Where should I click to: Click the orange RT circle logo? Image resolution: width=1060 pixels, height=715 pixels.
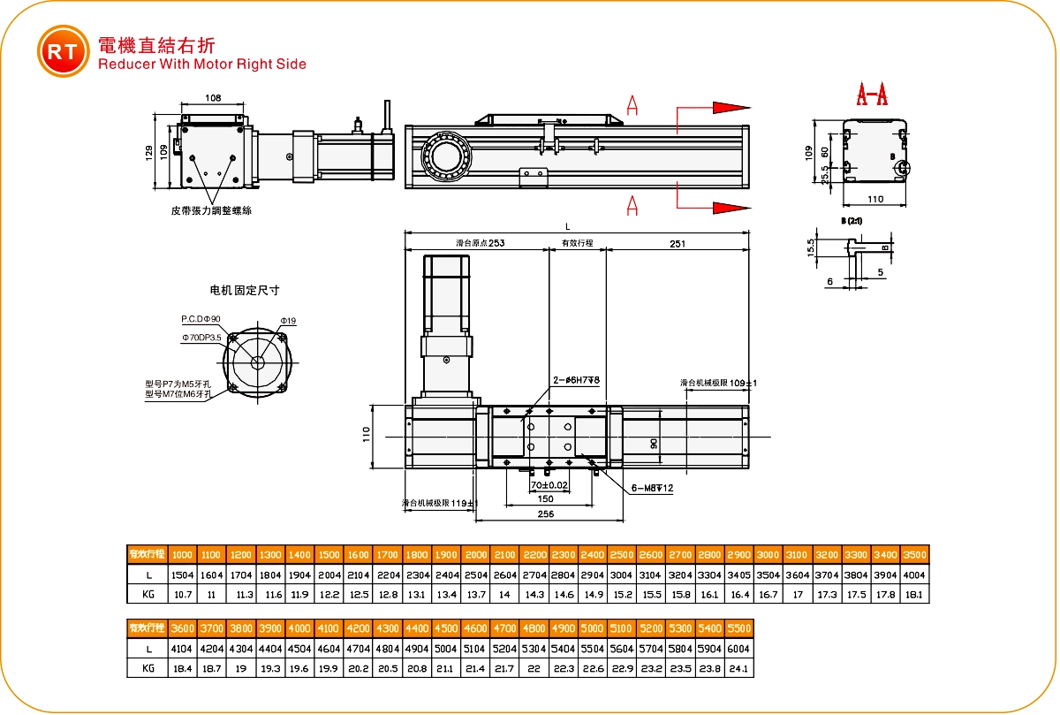(x=63, y=52)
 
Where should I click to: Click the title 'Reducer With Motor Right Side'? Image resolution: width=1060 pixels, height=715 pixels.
(x=202, y=64)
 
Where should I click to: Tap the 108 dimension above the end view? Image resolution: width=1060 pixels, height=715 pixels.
(x=213, y=98)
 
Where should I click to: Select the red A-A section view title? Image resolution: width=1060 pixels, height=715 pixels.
(x=872, y=94)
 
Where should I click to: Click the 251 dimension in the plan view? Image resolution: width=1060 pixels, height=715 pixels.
(x=678, y=243)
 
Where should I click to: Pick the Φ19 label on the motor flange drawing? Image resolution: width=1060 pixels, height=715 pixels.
(x=288, y=320)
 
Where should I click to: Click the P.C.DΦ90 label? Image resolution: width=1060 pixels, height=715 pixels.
(x=201, y=318)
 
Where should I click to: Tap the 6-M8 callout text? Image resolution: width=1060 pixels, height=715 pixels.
(x=653, y=488)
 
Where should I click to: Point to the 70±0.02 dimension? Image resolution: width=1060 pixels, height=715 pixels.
(x=549, y=485)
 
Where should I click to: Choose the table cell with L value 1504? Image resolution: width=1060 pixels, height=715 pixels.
(x=182, y=574)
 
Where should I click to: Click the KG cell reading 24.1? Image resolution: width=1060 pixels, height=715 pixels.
(x=738, y=669)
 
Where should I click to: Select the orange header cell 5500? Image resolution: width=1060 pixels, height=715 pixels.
(x=738, y=628)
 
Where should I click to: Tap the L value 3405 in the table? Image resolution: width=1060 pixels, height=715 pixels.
(x=739, y=574)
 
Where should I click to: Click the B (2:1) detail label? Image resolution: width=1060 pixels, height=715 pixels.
(x=852, y=219)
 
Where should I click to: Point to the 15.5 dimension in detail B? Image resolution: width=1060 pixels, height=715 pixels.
(x=811, y=247)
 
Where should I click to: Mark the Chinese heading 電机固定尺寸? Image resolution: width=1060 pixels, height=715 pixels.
(x=244, y=290)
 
